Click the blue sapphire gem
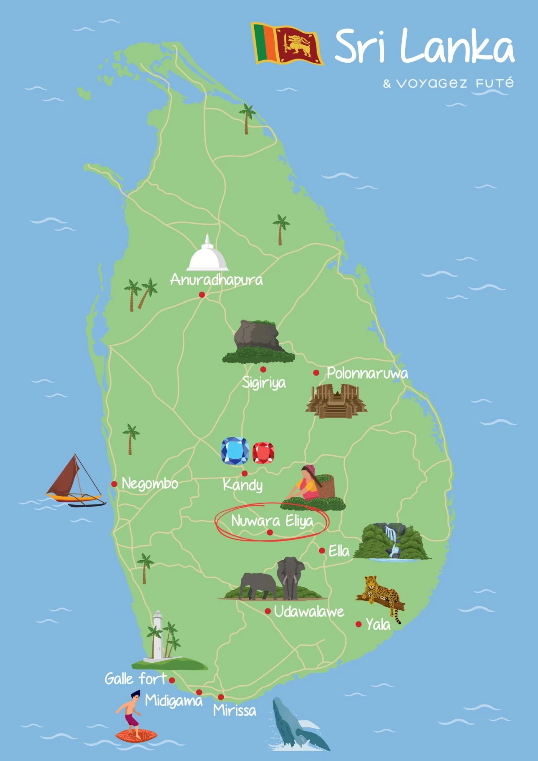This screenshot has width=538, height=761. point(235,451)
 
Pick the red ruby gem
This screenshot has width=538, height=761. point(263,453)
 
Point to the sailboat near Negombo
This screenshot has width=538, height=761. point(75,482)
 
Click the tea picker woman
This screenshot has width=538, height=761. point(309,487)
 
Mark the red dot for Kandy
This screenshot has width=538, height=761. point(244,473)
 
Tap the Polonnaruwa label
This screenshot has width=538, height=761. point(367,373)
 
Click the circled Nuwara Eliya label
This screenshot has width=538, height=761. point(272,521)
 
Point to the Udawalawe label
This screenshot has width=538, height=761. point(309,612)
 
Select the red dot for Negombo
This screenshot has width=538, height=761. point(114,484)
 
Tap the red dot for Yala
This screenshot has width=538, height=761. point(359,624)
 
